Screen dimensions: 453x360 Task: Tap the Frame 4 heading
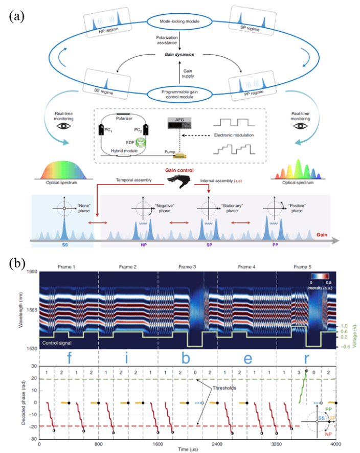(247, 267)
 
